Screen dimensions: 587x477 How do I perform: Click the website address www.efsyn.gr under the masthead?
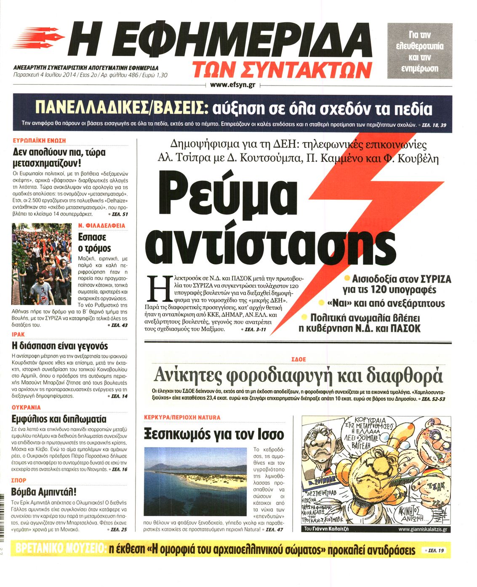click(x=232, y=85)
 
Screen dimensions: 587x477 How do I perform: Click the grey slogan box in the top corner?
click(x=420, y=51)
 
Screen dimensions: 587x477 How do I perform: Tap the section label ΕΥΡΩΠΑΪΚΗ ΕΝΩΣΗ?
click(x=40, y=140)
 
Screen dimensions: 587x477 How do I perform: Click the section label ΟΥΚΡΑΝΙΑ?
click(x=27, y=407)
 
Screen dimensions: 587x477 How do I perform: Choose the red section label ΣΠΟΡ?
click(x=19, y=480)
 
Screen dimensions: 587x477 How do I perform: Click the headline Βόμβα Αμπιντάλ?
click(x=44, y=492)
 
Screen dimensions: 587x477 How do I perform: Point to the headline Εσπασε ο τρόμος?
click(x=95, y=243)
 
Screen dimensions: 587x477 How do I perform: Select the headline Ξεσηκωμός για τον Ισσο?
click(x=214, y=434)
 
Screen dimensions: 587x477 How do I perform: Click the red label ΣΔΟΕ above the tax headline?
click(x=298, y=359)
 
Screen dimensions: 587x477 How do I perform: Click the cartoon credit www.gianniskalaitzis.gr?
click(x=422, y=529)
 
